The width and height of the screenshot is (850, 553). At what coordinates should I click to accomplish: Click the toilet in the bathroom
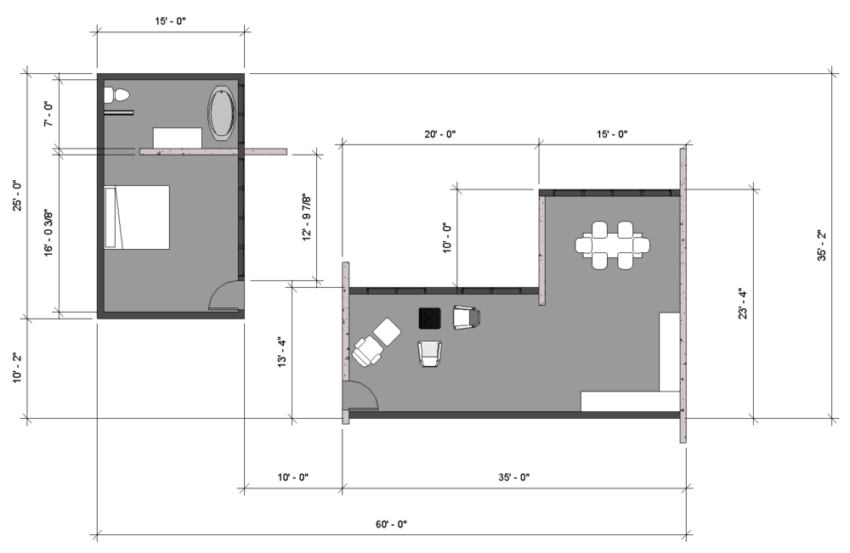(x=116, y=95)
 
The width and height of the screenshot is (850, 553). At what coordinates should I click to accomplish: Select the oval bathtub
(x=221, y=113)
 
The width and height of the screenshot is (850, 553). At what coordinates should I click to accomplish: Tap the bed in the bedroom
(x=137, y=217)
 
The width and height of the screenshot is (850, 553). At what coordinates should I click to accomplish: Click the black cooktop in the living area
(x=429, y=318)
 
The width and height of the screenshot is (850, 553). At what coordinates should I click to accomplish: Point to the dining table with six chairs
(x=612, y=245)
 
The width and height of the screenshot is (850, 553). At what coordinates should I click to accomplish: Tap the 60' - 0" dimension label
(x=391, y=524)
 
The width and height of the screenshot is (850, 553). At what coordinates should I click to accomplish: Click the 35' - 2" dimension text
(x=822, y=245)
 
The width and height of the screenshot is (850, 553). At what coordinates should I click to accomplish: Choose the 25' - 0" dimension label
(x=17, y=195)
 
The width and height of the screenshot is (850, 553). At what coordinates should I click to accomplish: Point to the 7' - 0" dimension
(x=48, y=113)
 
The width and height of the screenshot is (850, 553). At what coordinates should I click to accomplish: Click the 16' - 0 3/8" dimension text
(x=48, y=233)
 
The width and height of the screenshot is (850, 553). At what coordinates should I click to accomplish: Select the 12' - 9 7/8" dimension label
(x=307, y=217)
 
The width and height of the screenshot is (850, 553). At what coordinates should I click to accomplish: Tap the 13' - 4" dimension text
(x=282, y=353)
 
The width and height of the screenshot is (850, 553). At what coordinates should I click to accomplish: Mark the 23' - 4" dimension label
(x=743, y=304)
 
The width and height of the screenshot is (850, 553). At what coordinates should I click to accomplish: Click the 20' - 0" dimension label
(x=440, y=133)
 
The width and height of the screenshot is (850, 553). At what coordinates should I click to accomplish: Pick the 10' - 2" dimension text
(x=17, y=368)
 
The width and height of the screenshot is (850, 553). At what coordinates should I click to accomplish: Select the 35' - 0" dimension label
(x=514, y=477)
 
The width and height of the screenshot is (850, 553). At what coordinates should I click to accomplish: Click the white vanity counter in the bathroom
(x=178, y=138)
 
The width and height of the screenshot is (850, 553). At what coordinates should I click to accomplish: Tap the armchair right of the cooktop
(x=466, y=318)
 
